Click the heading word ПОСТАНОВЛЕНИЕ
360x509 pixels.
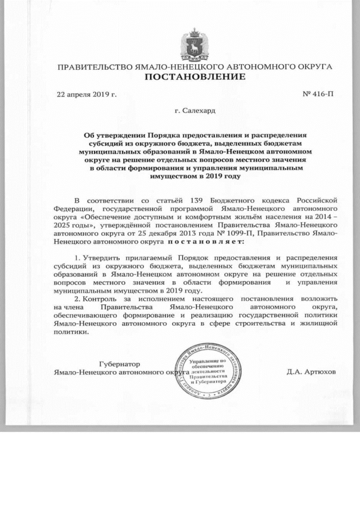point(195,77)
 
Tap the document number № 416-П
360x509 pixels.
point(318,94)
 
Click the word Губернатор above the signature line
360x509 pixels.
point(119,364)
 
